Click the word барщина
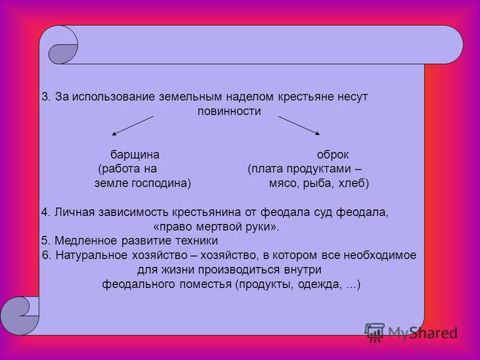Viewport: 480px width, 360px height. [134, 155]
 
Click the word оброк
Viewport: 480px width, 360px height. [333, 155]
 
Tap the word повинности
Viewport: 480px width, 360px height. [229, 111]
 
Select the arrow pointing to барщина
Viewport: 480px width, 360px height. [133, 126]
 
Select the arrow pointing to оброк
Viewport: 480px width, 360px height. [299, 125]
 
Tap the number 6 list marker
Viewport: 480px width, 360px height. [47, 256]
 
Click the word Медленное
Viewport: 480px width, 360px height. [86, 241]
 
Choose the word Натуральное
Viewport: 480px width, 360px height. [92, 256]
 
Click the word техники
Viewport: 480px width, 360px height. [197, 241]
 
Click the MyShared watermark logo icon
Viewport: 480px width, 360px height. [374, 332]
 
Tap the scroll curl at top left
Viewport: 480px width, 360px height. [63, 44]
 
